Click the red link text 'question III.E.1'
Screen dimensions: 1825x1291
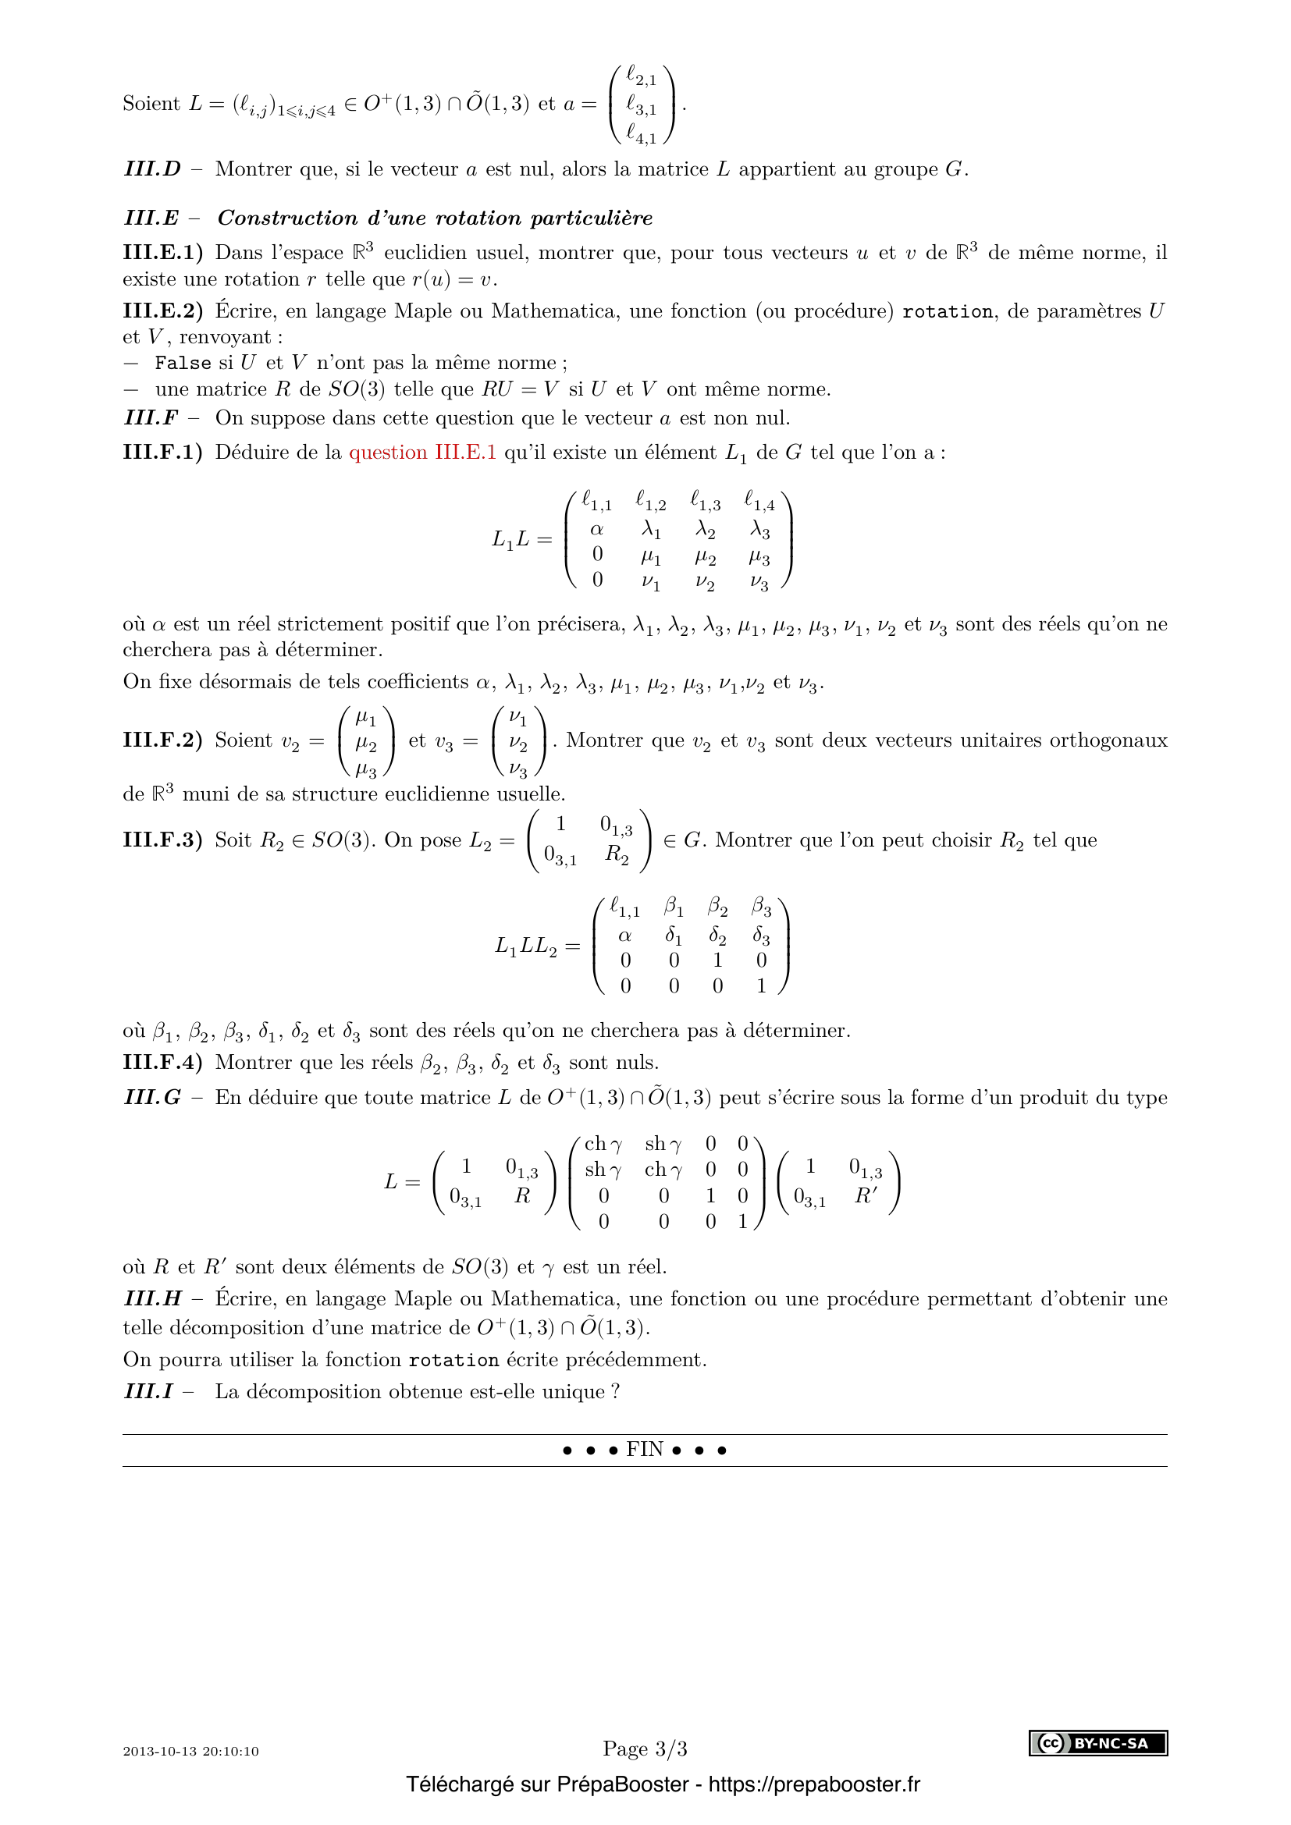pyautogui.click(x=422, y=453)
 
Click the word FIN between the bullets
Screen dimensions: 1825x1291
pyautogui.click(x=644, y=1449)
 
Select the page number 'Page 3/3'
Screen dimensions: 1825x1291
pyautogui.click(x=645, y=1749)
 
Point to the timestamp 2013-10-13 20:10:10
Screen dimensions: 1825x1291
pyautogui.click(x=190, y=1751)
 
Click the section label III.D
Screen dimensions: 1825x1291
pyautogui.click(x=152, y=169)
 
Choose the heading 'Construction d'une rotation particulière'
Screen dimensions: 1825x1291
pyautogui.click(x=435, y=218)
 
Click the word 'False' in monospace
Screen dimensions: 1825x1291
pyautogui.click(x=183, y=364)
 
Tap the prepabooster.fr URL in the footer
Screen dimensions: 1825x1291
pyautogui.click(x=814, y=1784)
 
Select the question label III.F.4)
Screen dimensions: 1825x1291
pyautogui.click(x=162, y=1063)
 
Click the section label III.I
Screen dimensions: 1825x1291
pyautogui.click(x=148, y=1392)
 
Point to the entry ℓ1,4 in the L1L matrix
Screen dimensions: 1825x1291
pyautogui.click(x=759, y=502)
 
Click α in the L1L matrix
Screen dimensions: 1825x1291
pyautogui.click(x=597, y=529)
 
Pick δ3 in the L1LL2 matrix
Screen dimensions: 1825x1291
pyautogui.click(x=761, y=936)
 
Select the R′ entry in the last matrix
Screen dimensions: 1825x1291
pyautogui.click(x=865, y=1196)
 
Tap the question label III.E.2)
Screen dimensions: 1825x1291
pyautogui.click(x=162, y=311)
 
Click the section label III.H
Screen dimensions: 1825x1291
pyautogui.click(x=152, y=1299)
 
